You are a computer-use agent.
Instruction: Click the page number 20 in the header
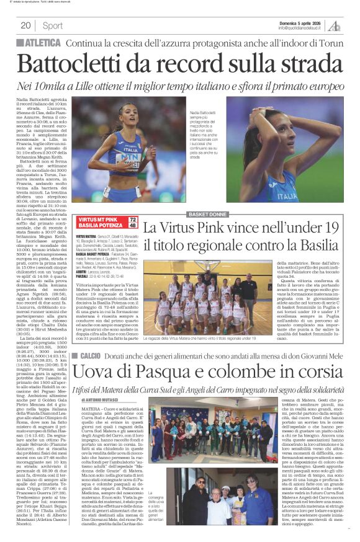tap(25, 25)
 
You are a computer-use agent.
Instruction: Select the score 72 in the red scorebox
tap(132, 220)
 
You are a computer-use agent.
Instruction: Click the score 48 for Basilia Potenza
tap(132, 226)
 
